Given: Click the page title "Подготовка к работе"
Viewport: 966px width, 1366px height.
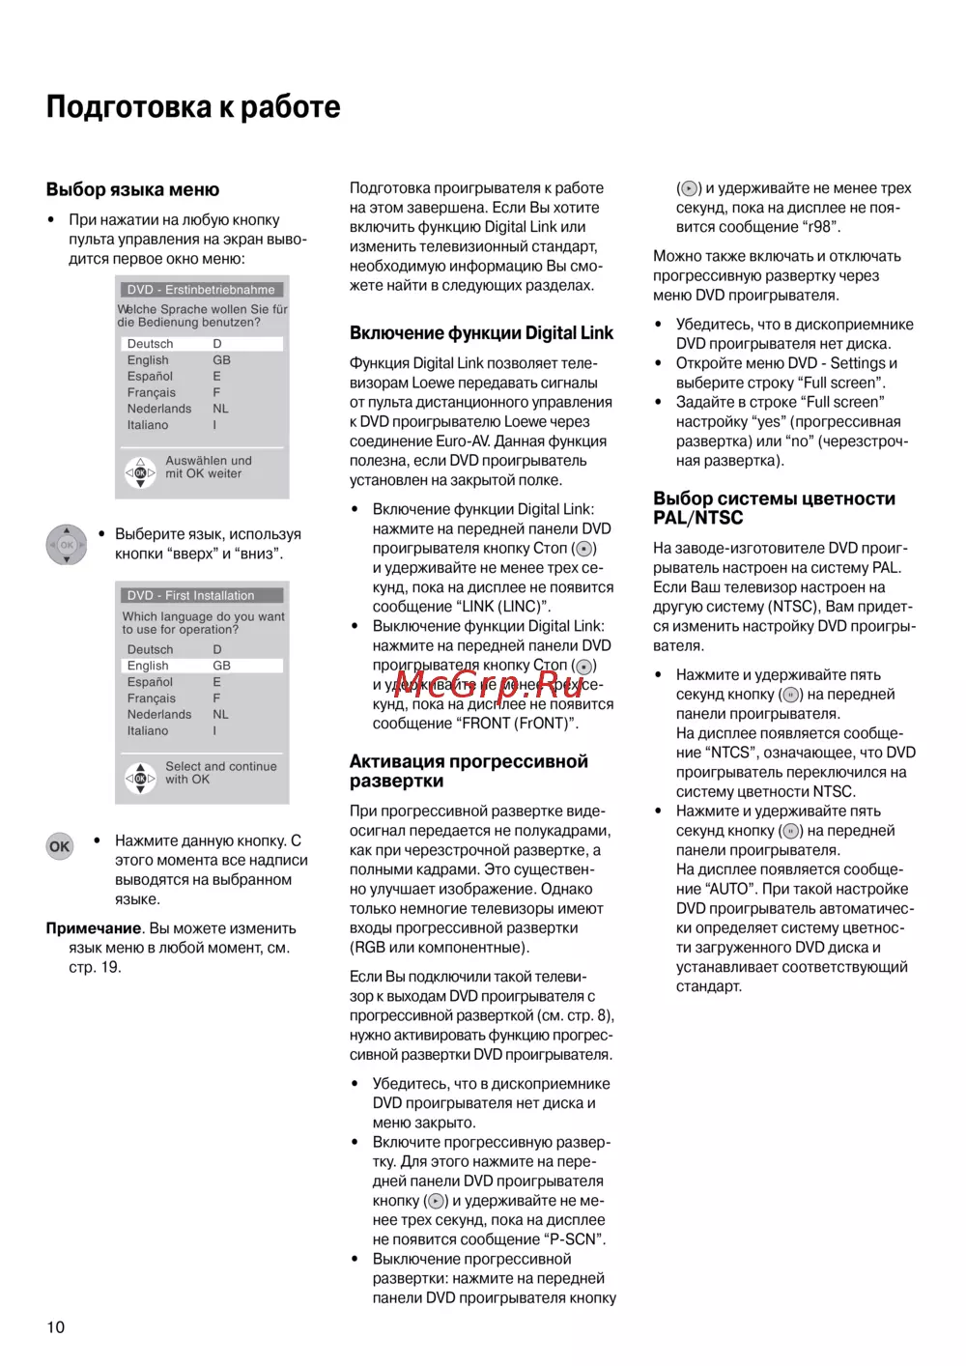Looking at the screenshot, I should click(x=193, y=106).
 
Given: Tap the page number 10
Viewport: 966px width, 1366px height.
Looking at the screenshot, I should click(x=56, y=1326).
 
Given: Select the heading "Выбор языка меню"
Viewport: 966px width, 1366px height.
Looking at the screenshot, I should click(x=132, y=189).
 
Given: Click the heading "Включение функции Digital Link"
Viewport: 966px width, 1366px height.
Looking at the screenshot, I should click(x=481, y=332).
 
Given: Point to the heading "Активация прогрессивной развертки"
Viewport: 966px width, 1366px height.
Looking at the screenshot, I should click(x=469, y=771).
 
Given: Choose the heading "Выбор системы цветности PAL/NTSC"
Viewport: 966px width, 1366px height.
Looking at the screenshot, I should click(x=774, y=507).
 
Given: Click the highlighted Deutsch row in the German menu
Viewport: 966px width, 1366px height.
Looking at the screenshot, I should click(x=202, y=344).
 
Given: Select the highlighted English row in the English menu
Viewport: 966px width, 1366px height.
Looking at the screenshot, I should click(x=202, y=666).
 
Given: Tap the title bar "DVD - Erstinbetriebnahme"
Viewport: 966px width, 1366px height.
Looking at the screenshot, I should click(x=202, y=289).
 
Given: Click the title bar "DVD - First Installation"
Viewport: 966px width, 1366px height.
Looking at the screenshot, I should click(x=202, y=595).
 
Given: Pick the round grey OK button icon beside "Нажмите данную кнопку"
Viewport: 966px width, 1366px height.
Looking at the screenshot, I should click(x=60, y=846).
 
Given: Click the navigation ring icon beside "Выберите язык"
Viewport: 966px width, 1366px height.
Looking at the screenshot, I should click(x=67, y=545).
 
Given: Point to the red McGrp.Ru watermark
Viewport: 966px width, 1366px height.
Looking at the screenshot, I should click(x=489, y=685).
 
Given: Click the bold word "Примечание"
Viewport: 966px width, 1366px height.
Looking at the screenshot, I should click(x=94, y=928).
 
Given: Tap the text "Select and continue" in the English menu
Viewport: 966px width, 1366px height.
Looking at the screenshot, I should click(x=221, y=766).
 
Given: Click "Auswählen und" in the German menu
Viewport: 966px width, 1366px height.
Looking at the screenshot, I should click(x=209, y=461).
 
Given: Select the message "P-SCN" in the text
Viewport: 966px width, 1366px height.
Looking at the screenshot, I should click(x=576, y=1239).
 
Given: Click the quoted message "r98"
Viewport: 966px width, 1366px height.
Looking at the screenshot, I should click(x=820, y=227).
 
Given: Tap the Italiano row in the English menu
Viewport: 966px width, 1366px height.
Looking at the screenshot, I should click(x=148, y=731).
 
